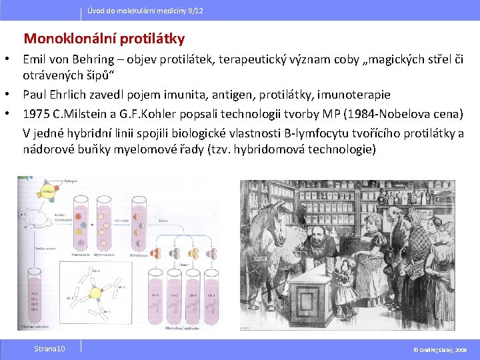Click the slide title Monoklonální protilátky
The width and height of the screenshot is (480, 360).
[x=104, y=39]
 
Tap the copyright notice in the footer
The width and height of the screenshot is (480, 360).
[x=441, y=349]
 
